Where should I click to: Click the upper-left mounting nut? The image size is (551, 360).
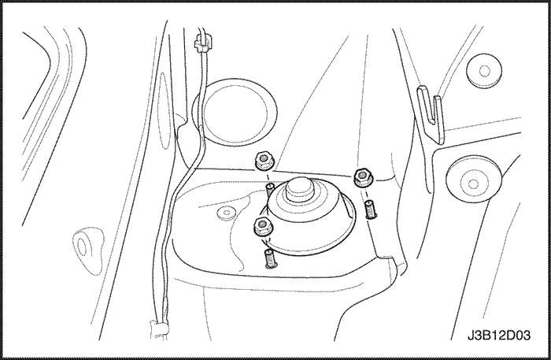pyautogui.click(x=264, y=161)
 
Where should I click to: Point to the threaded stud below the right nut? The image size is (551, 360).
pyautogui.click(x=370, y=210)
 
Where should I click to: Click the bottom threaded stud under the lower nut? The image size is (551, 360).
pyautogui.click(x=270, y=258)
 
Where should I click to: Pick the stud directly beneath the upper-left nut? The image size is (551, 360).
pyautogui.click(x=269, y=190)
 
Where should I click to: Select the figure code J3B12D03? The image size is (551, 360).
pyautogui.click(x=498, y=335)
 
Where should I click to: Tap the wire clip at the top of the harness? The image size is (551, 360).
pyautogui.click(x=203, y=43)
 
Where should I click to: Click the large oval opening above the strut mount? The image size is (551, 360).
pyautogui.click(x=235, y=112)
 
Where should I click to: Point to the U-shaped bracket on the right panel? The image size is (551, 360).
pyautogui.click(x=431, y=114)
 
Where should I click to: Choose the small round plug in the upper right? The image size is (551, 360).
pyautogui.click(x=484, y=71)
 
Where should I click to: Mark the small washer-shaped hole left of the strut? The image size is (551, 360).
pyautogui.click(x=225, y=213)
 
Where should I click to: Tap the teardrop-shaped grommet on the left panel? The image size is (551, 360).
pyautogui.click(x=88, y=249)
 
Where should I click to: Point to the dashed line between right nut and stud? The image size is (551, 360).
pyautogui.click(x=366, y=193)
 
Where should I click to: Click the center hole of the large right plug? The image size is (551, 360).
pyautogui.click(x=473, y=184)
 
